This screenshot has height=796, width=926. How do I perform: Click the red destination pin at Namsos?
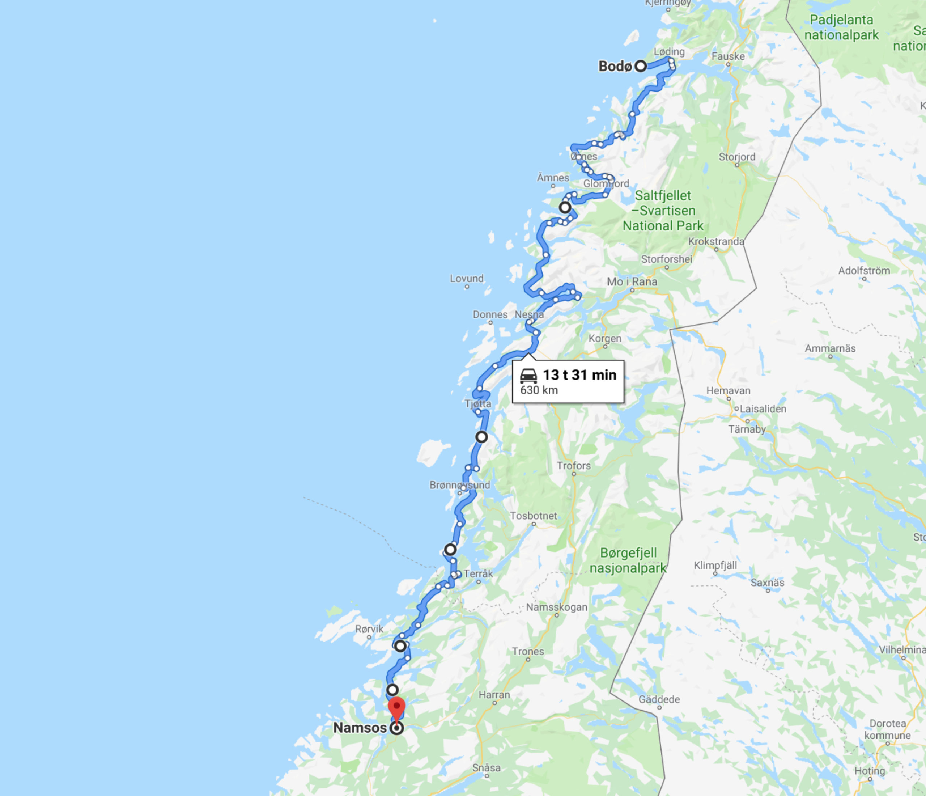click(x=396, y=707)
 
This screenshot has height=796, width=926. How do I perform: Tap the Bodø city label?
click(x=615, y=67)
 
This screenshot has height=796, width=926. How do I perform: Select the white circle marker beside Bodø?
click(x=641, y=66)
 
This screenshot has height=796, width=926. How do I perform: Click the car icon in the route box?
click(x=528, y=376)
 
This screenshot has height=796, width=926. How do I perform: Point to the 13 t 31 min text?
click(x=579, y=375)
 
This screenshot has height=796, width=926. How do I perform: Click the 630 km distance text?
click(x=539, y=390)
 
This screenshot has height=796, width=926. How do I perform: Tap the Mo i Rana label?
click(x=632, y=281)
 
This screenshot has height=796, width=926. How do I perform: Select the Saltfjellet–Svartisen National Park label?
click(x=663, y=211)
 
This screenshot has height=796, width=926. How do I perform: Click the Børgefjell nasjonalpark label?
click(x=628, y=560)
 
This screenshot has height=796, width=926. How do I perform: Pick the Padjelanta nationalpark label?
click(x=841, y=27)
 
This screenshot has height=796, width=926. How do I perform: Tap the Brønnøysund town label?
click(x=459, y=485)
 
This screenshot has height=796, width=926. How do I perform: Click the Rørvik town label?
click(x=369, y=629)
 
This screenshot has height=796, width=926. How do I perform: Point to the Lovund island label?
click(x=467, y=279)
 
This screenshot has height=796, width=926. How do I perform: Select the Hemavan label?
click(x=728, y=391)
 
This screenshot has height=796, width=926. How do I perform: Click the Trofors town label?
click(x=573, y=466)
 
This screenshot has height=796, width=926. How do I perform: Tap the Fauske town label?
click(x=728, y=56)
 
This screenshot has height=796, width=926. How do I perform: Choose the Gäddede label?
click(x=659, y=699)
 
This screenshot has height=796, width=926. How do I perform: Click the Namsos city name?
click(x=360, y=728)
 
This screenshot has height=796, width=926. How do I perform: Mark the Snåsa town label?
click(x=486, y=768)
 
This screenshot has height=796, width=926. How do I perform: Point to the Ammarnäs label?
click(x=830, y=348)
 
